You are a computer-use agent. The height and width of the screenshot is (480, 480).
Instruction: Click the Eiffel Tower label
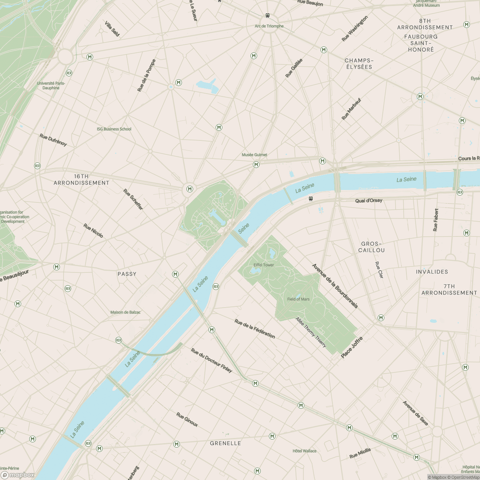pyautogui.click(x=264, y=265)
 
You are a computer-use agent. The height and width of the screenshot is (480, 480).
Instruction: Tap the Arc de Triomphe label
pyautogui.click(x=269, y=26)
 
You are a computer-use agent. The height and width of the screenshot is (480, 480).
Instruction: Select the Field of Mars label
pyautogui.click(x=298, y=299)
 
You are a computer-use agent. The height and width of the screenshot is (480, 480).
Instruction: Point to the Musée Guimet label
pyautogui.click(x=254, y=155)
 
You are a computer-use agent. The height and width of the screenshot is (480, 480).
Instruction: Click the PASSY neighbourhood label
pyautogui.click(x=127, y=274)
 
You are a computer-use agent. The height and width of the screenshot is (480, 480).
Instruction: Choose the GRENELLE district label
pyautogui.click(x=226, y=443)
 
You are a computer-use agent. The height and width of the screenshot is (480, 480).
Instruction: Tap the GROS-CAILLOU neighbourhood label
pyautogui.click(x=372, y=247)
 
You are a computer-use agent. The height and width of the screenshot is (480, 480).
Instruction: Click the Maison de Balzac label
pyautogui.click(x=126, y=312)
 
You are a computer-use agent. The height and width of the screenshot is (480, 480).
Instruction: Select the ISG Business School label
pyautogui.click(x=114, y=129)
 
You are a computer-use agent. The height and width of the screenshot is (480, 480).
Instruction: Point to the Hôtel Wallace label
pyautogui.click(x=304, y=451)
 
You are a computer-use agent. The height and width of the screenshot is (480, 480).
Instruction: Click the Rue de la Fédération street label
pyautogui.click(x=255, y=329)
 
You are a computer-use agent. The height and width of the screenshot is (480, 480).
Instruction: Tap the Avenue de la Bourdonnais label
pyautogui.click(x=335, y=286)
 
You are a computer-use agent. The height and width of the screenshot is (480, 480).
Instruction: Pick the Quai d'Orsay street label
pyautogui.click(x=368, y=200)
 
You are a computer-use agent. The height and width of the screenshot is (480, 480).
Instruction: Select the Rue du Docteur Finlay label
pyautogui.click(x=212, y=360)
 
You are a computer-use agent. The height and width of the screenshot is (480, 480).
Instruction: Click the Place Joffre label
pyautogui.click(x=352, y=347)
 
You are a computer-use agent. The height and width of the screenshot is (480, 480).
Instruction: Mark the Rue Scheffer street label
pyautogui.click(x=133, y=199)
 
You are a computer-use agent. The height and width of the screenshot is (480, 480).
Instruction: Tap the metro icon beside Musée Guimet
pyautogui.click(x=256, y=165)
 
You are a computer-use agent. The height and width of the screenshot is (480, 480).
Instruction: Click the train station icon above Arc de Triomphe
pyautogui.click(x=267, y=16)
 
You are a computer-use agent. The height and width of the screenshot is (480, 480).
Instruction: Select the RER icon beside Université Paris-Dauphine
pyautogui.click(x=69, y=73)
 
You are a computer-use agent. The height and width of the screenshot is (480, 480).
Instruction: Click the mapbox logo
pyautogui.click(x=18, y=475)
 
